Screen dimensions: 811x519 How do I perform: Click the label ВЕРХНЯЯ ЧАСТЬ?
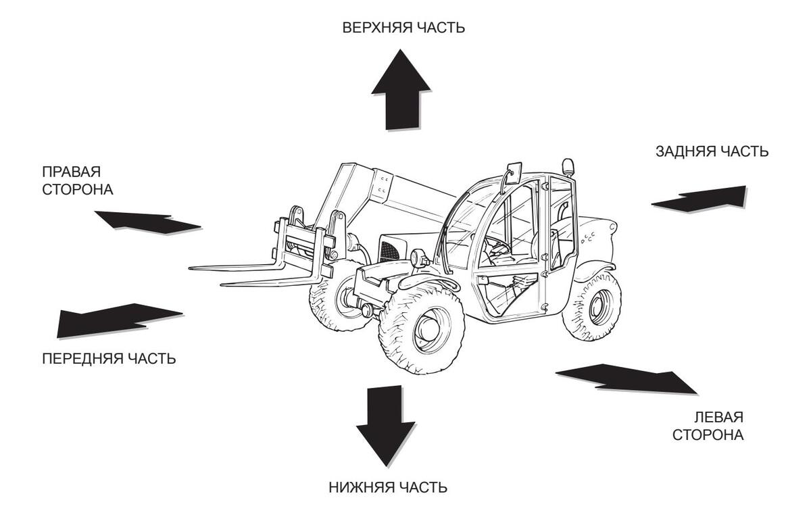point(403,28)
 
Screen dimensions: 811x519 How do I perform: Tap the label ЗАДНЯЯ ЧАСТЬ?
point(712,151)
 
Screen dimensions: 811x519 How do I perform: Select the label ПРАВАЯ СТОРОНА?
point(78,180)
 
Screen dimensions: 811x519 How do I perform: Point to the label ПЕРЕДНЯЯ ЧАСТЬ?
point(109,359)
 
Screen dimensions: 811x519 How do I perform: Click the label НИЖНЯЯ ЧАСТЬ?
point(388,487)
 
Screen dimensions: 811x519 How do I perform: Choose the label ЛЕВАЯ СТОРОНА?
point(708,426)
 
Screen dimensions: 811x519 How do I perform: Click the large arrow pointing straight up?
point(401,89)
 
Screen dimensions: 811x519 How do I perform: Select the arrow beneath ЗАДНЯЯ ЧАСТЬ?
point(698,199)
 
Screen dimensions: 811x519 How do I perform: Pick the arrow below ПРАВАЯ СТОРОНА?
point(148,222)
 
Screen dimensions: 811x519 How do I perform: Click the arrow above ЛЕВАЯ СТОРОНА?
point(626,379)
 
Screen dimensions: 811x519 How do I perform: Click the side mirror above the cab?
point(514,173)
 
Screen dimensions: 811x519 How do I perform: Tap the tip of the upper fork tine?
point(190,268)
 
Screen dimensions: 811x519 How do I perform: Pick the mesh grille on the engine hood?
point(391,251)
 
